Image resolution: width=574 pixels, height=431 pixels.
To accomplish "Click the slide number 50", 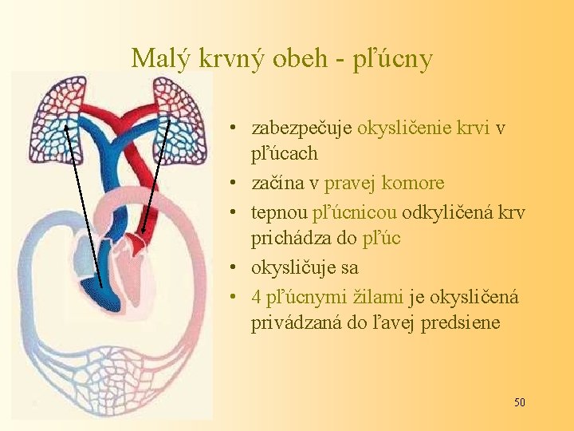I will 519,402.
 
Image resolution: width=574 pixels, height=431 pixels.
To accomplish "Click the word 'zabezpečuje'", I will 302,128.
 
